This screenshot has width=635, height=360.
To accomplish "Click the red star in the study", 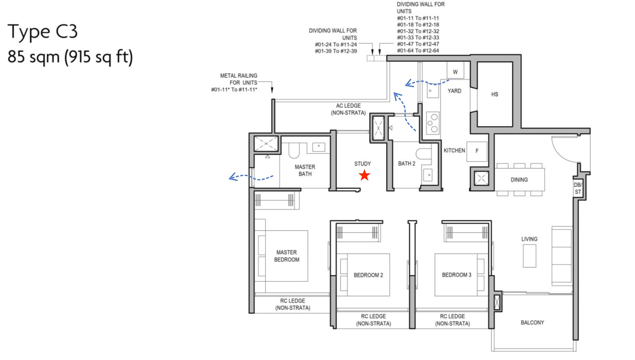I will [364, 175].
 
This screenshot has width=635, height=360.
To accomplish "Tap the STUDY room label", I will [362, 164].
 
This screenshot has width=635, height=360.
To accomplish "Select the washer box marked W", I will [455, 72].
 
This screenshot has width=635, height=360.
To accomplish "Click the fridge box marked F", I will [477, 151].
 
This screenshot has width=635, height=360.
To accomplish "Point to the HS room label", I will [494, 95].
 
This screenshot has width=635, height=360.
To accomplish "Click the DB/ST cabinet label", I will [578, 188].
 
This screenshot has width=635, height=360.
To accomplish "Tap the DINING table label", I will [519, 180].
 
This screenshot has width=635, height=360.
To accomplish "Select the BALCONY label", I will [532, 323].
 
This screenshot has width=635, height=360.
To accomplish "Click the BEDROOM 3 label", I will [456, 275].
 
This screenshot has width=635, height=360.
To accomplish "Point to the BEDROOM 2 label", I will [368, 275].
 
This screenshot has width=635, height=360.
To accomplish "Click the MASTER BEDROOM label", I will [286, 256].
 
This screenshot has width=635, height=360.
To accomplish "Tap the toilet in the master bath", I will [294, 151].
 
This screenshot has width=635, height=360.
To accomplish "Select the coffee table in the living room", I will [529, 256].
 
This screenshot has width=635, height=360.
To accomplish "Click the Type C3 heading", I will [42, 32].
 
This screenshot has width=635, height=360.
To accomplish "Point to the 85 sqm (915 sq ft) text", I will [70, 57].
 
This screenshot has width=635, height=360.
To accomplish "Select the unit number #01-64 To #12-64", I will [418, 51].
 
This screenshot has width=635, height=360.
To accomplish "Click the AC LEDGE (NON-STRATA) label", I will [348, 109].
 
